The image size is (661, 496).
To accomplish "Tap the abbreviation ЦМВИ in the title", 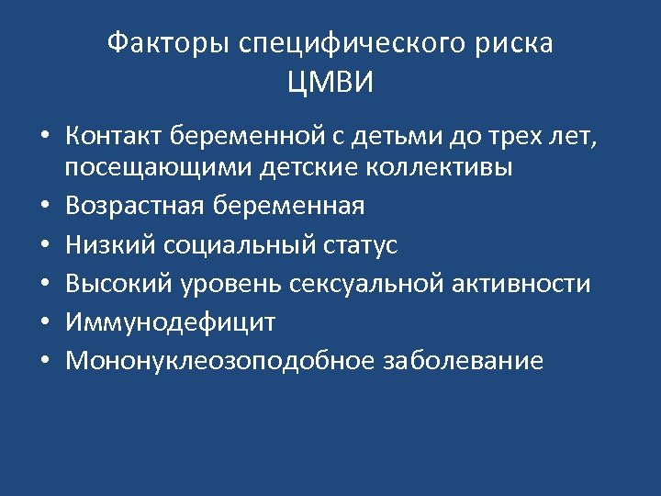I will tap(330, 84).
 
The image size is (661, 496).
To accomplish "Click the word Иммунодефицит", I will tap(169, 322).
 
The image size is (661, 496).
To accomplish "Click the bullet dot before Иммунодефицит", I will tap(44, 323).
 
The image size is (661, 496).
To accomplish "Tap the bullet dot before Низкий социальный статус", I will tap(44, 246).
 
